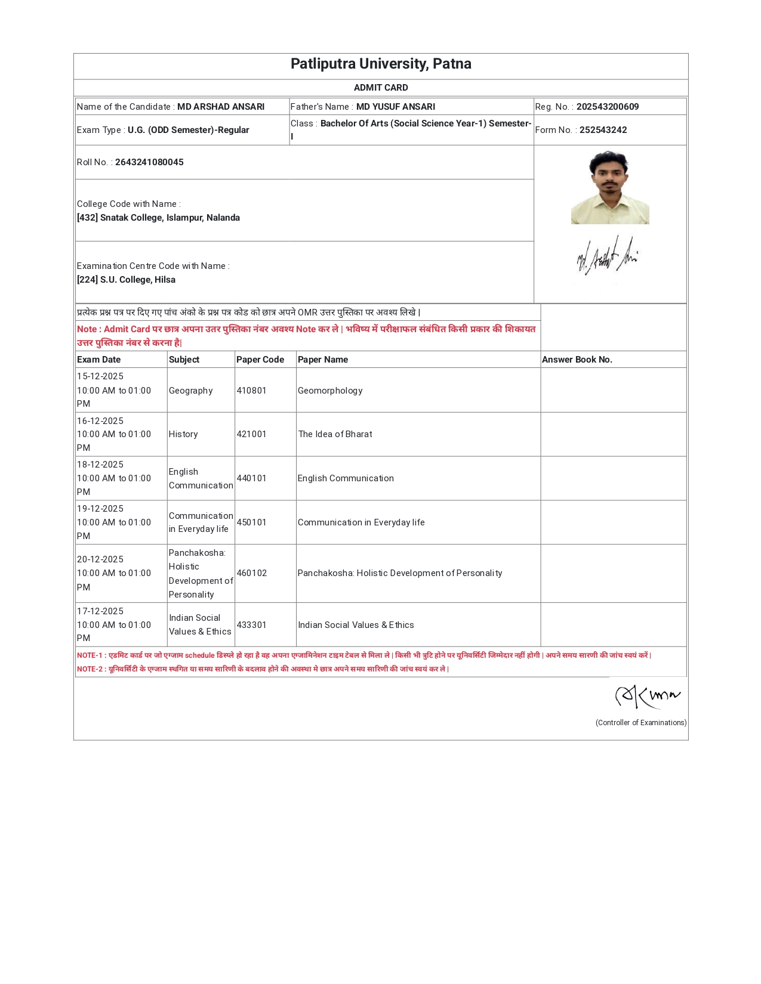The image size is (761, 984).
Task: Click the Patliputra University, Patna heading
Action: click(381, 64)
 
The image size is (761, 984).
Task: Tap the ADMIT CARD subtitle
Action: click(381, 88)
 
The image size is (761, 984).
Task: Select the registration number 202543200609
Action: click(607, 107)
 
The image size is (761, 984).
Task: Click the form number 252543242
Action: click(603, 130)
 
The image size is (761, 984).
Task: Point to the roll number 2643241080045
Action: click(149, 162)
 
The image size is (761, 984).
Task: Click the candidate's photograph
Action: click(610, 187)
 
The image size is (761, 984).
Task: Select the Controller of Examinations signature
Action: click(647, 696)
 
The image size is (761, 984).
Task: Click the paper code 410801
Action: click(251, 391)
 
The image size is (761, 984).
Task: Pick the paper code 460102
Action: click(251, 573)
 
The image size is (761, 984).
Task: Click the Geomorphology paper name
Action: click(330, 391)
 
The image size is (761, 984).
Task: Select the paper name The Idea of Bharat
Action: click(335, 434)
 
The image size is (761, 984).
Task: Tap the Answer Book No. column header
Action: click(577, 360)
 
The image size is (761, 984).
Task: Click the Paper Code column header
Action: click(260, 360)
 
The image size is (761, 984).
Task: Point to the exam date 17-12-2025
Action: click(100, 611)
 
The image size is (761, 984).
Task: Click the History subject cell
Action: click(183, 434)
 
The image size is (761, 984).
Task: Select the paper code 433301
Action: click(251, 625)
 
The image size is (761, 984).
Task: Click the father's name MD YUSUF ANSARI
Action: click(396, 107)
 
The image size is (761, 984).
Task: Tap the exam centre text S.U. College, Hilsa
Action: click(137, 280)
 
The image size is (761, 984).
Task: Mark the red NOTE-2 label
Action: click(90, 669)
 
